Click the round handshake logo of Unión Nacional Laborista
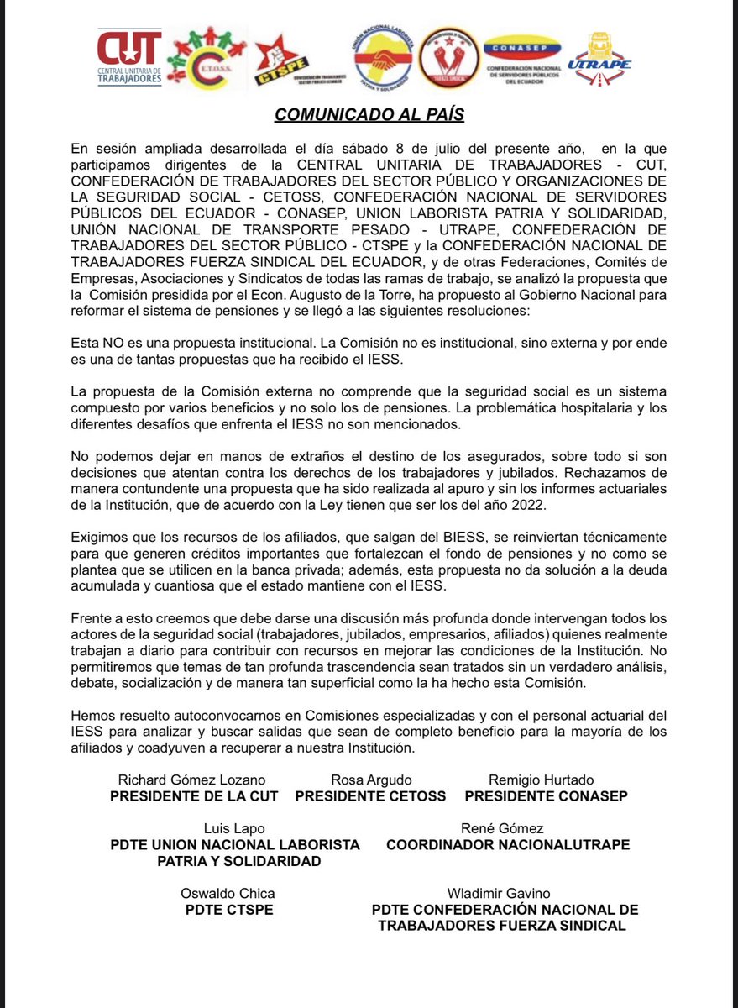point(381,59)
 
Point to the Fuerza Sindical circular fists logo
point(449,58)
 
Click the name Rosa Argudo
point(371,780)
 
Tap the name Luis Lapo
point(234,828)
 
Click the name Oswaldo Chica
point(228,893)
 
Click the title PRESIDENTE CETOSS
point(371,795)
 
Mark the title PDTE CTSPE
point(228,910)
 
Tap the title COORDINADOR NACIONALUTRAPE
point(508,845)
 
